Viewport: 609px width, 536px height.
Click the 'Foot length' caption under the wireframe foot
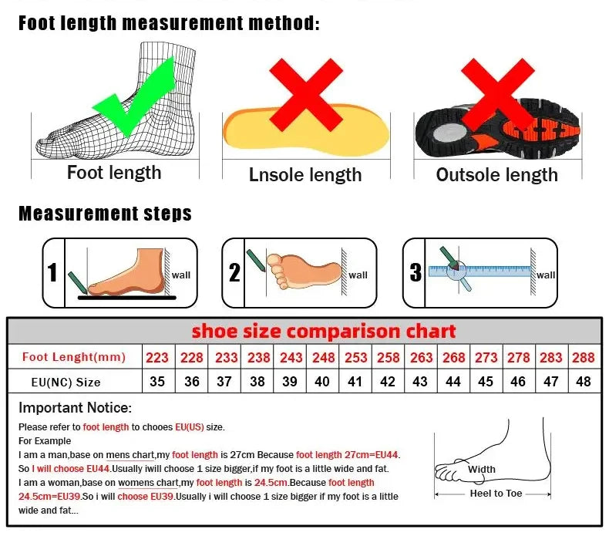(114, 173)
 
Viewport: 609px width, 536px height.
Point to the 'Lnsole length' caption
(305, 175)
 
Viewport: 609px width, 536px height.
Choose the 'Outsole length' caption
(496, 175)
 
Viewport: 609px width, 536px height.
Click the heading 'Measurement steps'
(105, 214)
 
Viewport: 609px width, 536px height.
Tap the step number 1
(52, 273)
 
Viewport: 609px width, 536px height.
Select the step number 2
(234, 273)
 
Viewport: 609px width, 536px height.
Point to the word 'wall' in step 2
(358, 275)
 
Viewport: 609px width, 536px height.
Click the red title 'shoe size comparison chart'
(324, 332)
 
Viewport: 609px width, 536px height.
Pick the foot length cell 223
(157, 357)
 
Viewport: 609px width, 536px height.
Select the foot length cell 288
(584, 357)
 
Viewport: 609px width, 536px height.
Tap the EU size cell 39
(291, 382)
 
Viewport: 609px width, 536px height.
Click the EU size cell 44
(453, 382)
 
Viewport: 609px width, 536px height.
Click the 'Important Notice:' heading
(76, 408)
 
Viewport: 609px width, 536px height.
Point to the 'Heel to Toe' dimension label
(496, 494)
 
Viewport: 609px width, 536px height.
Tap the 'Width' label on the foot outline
(482, 469)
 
